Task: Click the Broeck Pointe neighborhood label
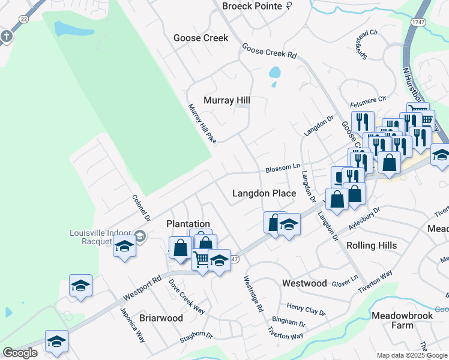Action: [x=252, y=6]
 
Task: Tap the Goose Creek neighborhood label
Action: [x=201, y=38]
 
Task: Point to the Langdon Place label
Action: [x=264, y=193]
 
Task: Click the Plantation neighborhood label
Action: [x=188, y=224]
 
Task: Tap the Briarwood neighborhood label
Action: [x=161, y=318]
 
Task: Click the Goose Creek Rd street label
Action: [x=270, y=50]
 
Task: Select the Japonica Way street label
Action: [x=133, y=325]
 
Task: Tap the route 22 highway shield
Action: [x=23, y=19]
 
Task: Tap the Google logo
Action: [x=20, y=353]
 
